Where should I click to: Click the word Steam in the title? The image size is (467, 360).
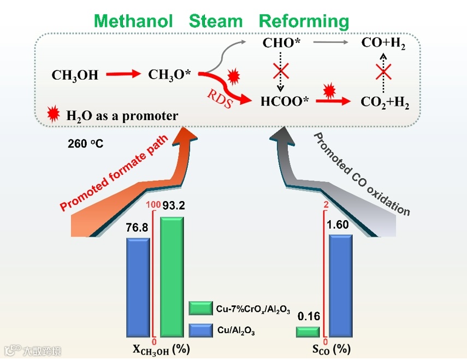point(215,21)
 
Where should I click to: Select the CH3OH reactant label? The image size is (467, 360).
point(75,76)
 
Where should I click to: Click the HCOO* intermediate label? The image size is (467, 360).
point(281,101)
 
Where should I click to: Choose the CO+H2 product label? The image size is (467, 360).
point(383,44)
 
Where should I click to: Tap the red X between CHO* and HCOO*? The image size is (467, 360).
point(281,71)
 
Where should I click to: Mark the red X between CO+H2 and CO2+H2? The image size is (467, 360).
point(383,72)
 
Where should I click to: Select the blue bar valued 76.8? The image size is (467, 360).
point(138,287)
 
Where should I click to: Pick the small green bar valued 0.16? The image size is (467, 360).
point(308,331)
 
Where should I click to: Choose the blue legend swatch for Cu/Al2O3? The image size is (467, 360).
point(200,330)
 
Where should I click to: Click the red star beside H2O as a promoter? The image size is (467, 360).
point(54,114)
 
